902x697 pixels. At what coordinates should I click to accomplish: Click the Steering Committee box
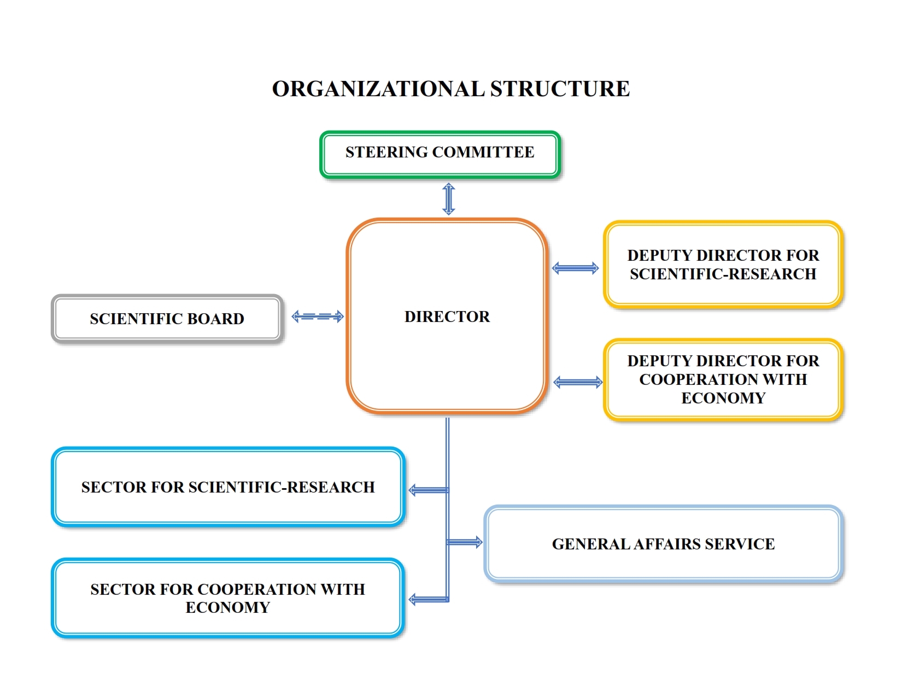pos(440,154)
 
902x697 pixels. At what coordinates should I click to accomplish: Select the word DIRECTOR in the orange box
pos(447,317)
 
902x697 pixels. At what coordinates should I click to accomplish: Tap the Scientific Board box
pos(167,319)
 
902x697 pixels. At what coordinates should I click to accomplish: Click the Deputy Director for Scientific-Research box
pos(723,265)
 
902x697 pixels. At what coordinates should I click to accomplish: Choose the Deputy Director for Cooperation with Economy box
pos(723,379)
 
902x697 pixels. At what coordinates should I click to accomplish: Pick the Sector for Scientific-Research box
pos(228,487)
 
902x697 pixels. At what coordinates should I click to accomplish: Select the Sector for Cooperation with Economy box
pos(228,598)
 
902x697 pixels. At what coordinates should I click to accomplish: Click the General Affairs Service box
pos(663,544)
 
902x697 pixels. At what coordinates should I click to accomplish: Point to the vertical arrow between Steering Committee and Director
pos(449,199)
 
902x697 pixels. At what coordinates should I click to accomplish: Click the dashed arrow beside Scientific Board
pos(318,317)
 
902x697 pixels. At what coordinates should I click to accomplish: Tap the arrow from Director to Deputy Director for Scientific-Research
pos(576,268)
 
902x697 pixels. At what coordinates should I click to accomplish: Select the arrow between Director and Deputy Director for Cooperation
pos(578,382)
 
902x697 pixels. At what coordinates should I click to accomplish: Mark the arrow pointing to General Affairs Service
pos(465,542)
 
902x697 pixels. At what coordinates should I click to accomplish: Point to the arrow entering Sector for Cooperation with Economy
pos(429,600)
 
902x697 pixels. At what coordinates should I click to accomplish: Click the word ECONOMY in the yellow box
pos(723,398)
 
